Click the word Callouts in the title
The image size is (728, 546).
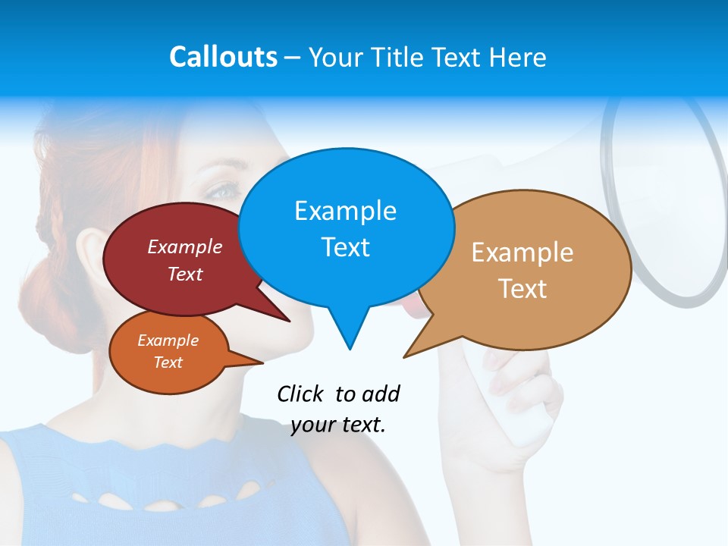pos(223,57)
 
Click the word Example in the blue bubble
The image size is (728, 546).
pos(345,211)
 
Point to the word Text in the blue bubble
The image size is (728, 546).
pos(345,247)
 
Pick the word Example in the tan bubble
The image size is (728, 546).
pos(522,253)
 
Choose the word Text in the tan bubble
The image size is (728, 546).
pos(522,289)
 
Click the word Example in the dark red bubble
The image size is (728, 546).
pos(185,247)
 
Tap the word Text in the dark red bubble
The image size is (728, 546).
pos(185,274)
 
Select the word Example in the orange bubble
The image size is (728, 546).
pos(168,340)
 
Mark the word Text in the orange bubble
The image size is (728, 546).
pos(168,362)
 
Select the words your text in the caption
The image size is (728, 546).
pos(338,425)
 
